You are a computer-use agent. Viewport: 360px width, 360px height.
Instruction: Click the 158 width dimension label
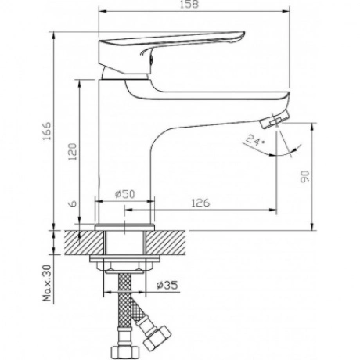coord(189,5)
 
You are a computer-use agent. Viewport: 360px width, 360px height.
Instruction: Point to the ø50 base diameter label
coord(125,194)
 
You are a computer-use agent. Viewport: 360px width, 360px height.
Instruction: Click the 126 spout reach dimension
coord(200,203)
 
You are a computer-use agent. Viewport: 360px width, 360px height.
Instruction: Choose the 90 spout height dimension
coord(304,177)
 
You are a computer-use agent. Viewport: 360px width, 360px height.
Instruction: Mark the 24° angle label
coord(255,140)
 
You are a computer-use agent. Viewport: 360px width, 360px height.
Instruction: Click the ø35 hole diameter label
coord(167,285)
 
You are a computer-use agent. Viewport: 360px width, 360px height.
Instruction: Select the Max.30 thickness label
coord(47,283)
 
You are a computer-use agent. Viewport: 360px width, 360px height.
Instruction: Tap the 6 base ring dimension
coord(74,203)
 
